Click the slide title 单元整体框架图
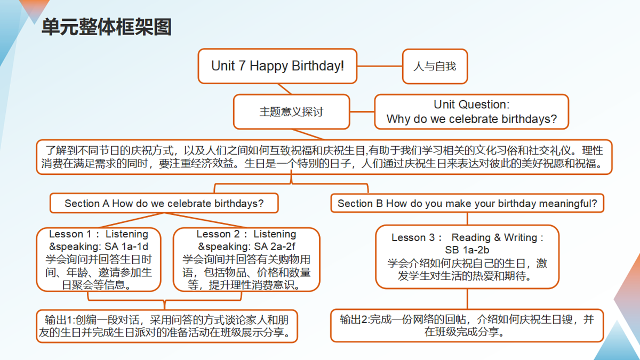[107, 27]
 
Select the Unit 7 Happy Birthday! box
[277, 66]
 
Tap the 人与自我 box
[435, 66]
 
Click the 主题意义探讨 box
[291, 111]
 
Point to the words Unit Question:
[471, 105]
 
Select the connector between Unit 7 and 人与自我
[380, 66]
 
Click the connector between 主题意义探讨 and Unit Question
[362, 111]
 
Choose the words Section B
[360, 203]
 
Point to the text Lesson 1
[70, 234]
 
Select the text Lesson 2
[218, 234]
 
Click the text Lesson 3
[413, 237]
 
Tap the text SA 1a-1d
[126, 246]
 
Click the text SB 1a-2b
[467, 250]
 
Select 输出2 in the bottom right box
[354, 319]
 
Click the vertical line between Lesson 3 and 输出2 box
[467, 299]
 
